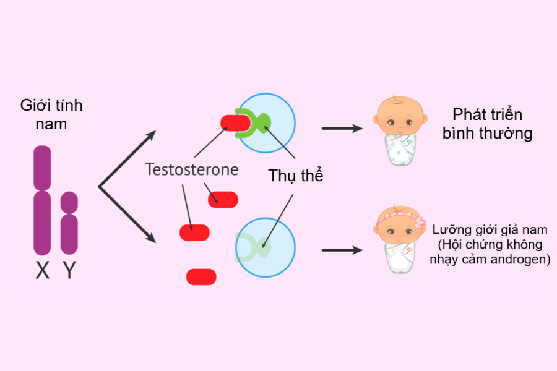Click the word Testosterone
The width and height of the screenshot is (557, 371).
click(x=192, y=169)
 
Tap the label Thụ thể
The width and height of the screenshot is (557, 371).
click(x=296, y=175)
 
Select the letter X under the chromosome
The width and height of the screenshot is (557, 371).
click(x=42, y=270)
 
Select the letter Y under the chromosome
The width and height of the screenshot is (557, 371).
click(x=69, y=270)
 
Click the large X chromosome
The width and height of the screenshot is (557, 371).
click(x=42, y=201)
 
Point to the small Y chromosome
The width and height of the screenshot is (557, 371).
click(x=69, y=223)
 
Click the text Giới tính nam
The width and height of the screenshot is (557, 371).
click(x=51, y=114)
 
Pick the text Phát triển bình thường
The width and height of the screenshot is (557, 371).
click(x=488, y=124)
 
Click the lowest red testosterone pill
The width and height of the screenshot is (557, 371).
click(x=201, y=276)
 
